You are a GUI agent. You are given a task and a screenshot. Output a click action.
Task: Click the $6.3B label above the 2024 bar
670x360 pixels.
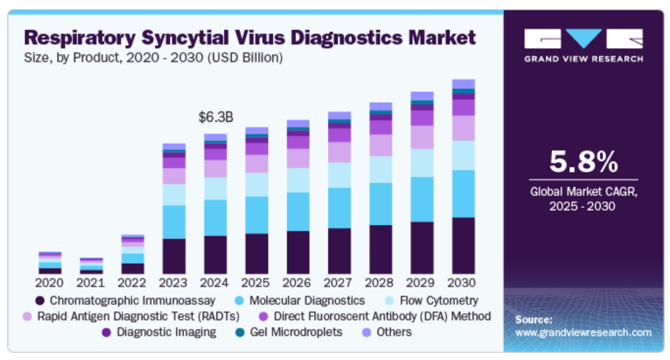pos(216,118)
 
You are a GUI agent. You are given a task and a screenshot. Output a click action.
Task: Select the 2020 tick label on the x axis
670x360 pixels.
pos(50,283)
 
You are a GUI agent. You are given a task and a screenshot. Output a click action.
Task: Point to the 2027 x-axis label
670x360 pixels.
pos(339,283)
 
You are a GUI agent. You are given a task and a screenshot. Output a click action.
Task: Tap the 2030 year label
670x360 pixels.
pos(463,283)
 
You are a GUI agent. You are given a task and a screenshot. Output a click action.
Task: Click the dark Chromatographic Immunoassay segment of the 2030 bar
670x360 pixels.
pos(463,245)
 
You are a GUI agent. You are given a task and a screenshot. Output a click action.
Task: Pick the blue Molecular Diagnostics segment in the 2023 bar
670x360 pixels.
pos(174,222)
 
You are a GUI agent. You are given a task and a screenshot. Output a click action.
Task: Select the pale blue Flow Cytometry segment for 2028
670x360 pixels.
pos(380,169)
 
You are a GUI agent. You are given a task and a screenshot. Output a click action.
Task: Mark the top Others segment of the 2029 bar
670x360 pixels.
pos(422,96)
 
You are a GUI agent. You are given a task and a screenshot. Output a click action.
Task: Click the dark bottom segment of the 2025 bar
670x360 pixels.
pos(256,253)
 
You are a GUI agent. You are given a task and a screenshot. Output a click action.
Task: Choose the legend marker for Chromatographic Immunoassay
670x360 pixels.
pos(40,301)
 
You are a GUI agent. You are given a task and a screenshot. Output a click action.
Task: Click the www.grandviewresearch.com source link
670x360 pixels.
pos(583,333)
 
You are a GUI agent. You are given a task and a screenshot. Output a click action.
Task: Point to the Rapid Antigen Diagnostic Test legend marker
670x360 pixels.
pos(27,317)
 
